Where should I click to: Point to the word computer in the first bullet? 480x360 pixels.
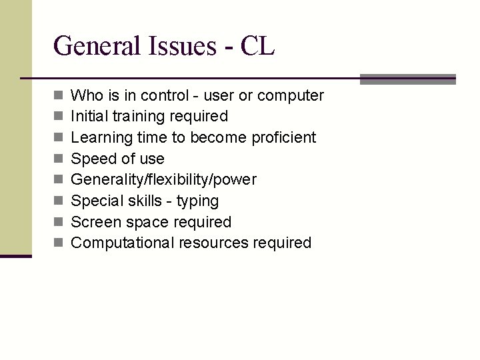click(290, 96)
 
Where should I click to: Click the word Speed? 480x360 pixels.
click(92, 159)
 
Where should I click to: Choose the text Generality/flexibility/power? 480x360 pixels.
click(163, 180)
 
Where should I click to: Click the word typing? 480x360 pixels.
click(197, 201)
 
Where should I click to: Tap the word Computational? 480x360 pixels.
click(123, 243)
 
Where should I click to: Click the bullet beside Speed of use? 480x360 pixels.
click(58, 159)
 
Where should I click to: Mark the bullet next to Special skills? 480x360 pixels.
click(58, 201)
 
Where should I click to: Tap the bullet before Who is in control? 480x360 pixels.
click(58, 95)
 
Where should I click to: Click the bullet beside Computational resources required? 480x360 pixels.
click(58, 243)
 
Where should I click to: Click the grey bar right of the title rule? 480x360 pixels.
click(407, 79)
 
